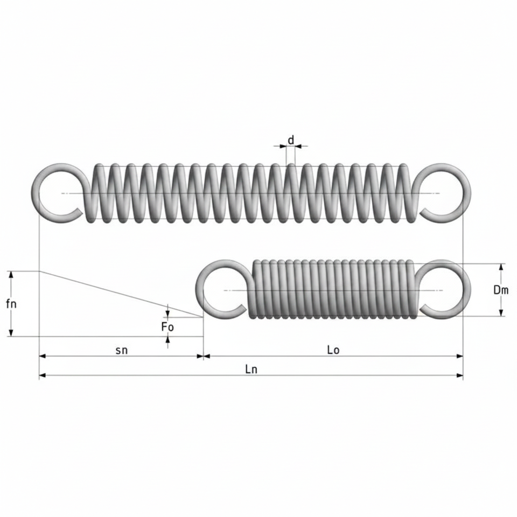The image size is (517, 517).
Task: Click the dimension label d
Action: (x=290, y=140)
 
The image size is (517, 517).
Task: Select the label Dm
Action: (x=501, y=290)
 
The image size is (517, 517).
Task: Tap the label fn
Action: (x=11, y=304)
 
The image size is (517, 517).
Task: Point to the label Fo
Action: (x=167, y=327)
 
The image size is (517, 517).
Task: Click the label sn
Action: (x=121, y=350)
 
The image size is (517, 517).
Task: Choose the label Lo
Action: (x=333, y=350)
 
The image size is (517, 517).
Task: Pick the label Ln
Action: (x=251, y=369)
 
